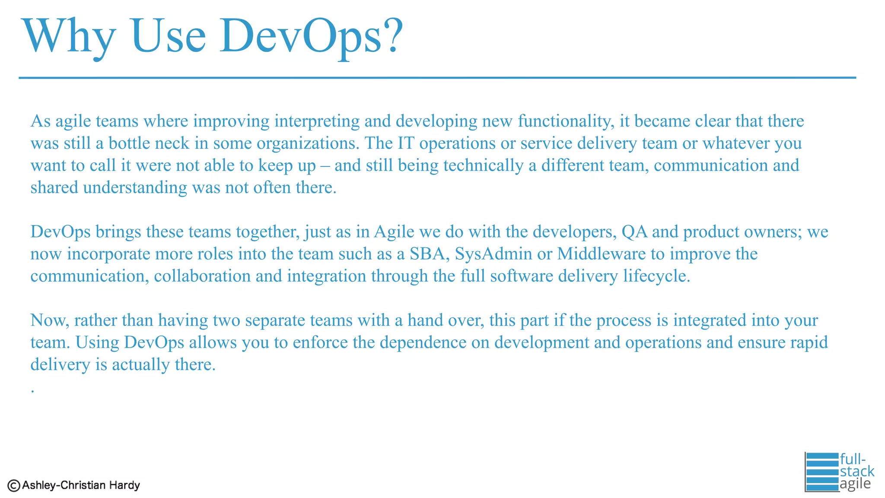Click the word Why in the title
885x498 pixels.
click(x=69, y=36)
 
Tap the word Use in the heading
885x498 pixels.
click(x=168, y=36)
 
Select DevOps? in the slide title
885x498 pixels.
click(x=311, y=36)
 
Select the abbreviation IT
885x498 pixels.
click(x=405, y=144)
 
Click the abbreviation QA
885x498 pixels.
click(x=634, y=232)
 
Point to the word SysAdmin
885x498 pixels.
click(x=493, y=254)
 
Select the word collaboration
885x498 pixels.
click(x=202, y=276)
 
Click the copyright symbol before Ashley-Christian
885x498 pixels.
click(x=14, y=485)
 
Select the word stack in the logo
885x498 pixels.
click(x=857, y=471)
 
